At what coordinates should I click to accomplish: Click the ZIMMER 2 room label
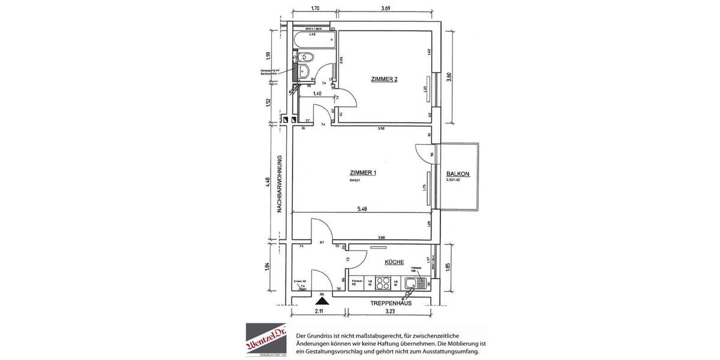click(x=384, y=79)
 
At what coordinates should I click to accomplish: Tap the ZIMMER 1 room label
click(x=362, y=173)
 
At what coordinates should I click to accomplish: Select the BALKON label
click(x=457, y=175)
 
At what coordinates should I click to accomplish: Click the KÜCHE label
click(x=394, y=262)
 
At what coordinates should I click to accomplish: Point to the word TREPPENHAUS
click(x=390, y=304)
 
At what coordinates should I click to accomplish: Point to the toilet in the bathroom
click(x=307, y=58)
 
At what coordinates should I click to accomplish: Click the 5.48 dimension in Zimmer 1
click(x=363, y=209)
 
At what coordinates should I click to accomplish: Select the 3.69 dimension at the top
click(x=390, y=8)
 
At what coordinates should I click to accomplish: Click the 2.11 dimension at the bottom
click(x=318, y=312)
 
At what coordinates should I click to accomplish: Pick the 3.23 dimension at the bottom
click(x=390, y=312)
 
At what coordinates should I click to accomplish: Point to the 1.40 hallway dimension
click(x=317, y=94)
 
